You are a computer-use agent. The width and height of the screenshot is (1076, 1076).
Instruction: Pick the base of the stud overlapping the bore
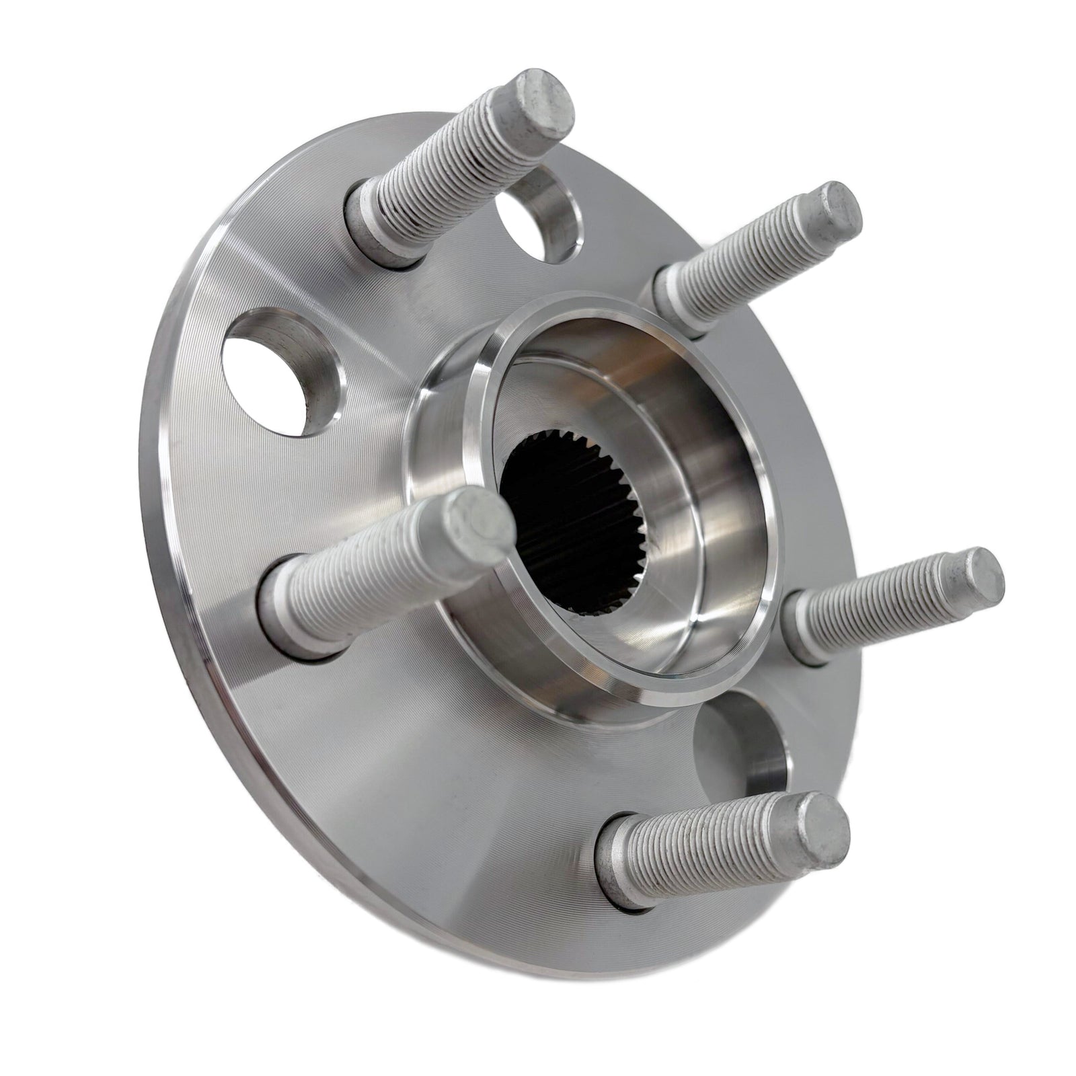point(293,605)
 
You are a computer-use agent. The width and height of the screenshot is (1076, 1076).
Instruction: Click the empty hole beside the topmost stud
point(538,222)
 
